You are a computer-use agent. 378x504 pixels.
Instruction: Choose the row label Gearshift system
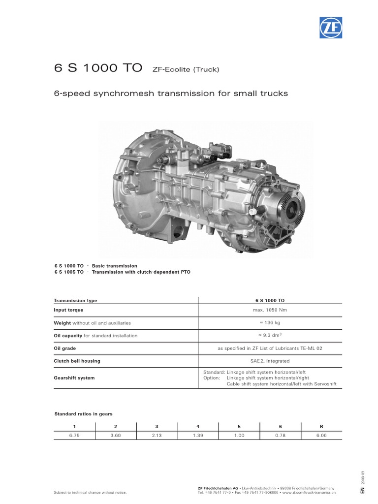[x=74, y=378]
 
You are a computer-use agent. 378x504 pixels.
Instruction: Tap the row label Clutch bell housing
[x=77, y=361]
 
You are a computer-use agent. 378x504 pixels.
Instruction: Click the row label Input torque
[x=69, y=310]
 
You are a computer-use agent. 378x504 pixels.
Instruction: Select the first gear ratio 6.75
[x=74, y=436]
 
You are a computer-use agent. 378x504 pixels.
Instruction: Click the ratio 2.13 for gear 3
[x=157, y=436]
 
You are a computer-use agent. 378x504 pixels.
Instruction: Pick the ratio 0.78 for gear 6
[x=280, y=436]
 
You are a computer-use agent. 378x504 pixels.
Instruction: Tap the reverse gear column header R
[x=321, y=426]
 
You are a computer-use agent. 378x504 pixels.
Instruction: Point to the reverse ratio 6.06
[x=321, y=436]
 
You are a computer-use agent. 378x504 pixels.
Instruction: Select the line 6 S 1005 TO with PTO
[x=122, y=272]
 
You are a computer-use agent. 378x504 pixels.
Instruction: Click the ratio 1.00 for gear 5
[x=239, y=436]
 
